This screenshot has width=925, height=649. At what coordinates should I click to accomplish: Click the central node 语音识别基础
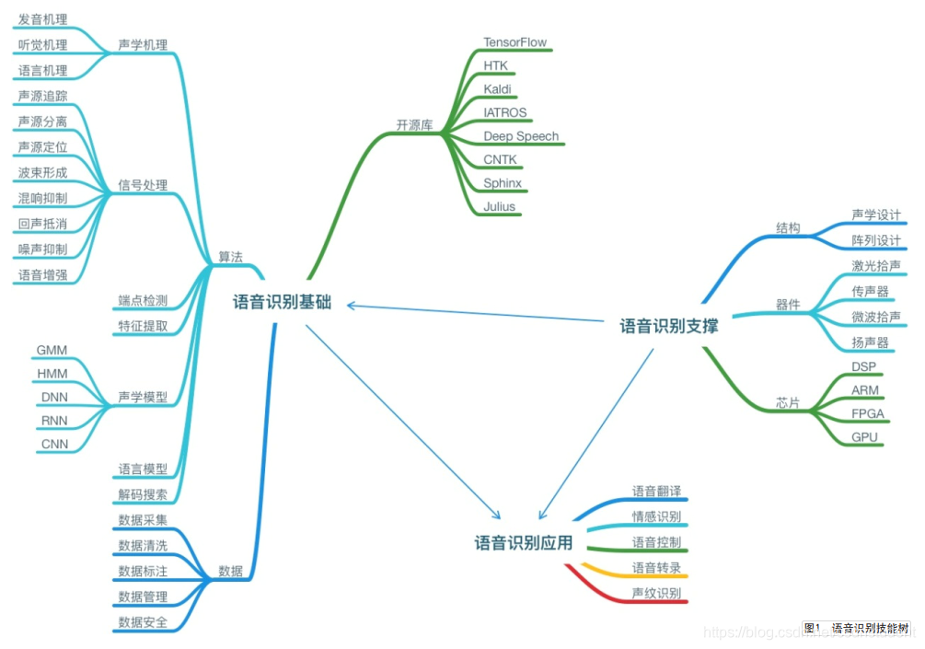coord(282,303)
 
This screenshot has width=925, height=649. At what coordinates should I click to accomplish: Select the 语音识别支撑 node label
coord(669,326)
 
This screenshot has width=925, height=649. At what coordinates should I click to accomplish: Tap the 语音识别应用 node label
coord(524,542)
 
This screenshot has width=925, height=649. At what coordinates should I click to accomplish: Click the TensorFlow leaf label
coord(515,42)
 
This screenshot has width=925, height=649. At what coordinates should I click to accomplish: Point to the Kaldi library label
coord(498,89)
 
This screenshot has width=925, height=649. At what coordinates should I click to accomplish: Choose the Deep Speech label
coord(521,136)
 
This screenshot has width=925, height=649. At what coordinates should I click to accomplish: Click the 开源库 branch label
coord(414,125)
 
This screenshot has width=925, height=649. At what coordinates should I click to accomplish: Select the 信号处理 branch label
coord(143,185)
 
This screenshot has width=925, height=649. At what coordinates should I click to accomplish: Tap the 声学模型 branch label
coord(143,398)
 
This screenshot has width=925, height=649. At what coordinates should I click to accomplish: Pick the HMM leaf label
coord(52,374)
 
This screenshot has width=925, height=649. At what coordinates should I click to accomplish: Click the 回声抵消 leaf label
coord(42,224)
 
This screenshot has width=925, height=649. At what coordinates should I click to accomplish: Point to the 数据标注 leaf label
coord(143,571)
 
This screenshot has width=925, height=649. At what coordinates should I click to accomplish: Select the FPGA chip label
coord(867,413)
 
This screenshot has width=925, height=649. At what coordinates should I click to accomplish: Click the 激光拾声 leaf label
coord(875,267)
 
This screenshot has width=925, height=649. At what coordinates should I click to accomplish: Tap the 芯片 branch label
coord(788,403)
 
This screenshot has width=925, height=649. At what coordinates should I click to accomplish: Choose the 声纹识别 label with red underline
coord(656,593)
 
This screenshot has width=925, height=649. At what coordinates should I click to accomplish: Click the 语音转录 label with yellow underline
coord(656,567)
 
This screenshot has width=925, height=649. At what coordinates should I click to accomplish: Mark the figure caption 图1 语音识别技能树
coord(856,629)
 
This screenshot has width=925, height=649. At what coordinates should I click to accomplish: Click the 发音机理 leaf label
coord(42,19)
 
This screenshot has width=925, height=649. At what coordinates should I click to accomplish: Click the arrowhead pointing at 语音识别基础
coord(352,306)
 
